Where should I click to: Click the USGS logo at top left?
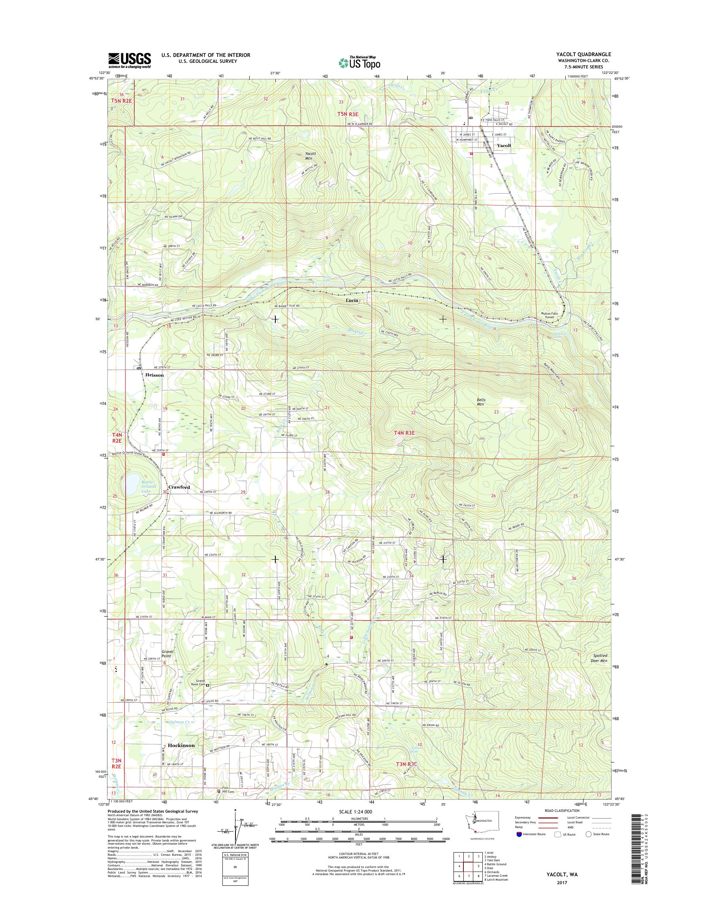[x=130, y=60]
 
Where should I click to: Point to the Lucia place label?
[x=352, y=300]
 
